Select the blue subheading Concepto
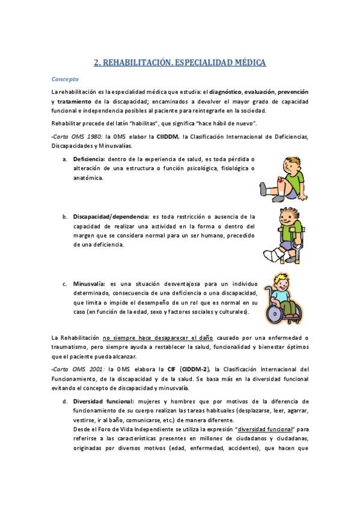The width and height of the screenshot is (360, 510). (x=64, y=79)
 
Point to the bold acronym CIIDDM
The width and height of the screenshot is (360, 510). (x=167, y=137)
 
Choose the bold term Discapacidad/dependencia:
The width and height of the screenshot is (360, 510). (x=111, y=216)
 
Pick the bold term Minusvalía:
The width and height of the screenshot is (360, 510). (x=90, y=283)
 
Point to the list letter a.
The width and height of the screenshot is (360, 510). (x=64, y=159)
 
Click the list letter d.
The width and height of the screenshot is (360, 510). (x=64, y=401)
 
